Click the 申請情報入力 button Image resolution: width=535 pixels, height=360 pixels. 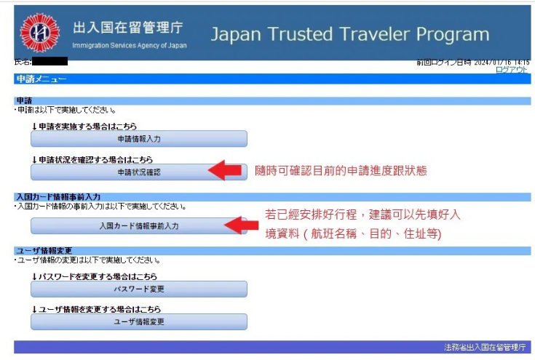(139, 139)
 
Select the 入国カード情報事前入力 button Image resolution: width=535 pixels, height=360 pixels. (139, 225)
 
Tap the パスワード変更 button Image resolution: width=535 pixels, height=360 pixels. (139, 289)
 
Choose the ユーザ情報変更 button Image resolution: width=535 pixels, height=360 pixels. (139, 321)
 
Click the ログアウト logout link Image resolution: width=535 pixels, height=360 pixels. (512, 70)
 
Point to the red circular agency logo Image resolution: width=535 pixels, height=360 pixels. (39, 33)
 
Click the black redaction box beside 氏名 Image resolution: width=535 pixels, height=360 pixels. (49, 61)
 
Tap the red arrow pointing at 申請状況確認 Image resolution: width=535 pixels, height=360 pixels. (224, 170)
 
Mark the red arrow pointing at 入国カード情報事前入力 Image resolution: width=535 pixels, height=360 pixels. (241, 225)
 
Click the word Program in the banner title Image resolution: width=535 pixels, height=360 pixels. (453, 35)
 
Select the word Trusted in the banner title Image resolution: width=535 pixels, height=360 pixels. (300, 34)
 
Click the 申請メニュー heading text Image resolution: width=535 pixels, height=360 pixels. (41, 79)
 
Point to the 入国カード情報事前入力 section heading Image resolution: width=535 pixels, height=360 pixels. (58, 196)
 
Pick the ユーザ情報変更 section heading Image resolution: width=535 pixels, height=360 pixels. (44, 251)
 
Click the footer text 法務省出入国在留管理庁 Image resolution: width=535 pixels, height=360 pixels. (485, 347)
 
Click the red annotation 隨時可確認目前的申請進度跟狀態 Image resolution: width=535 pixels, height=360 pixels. (341, 170)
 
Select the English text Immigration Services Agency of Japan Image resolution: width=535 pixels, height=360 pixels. (130, 45)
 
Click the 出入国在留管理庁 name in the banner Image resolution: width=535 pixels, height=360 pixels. (128, 28)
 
